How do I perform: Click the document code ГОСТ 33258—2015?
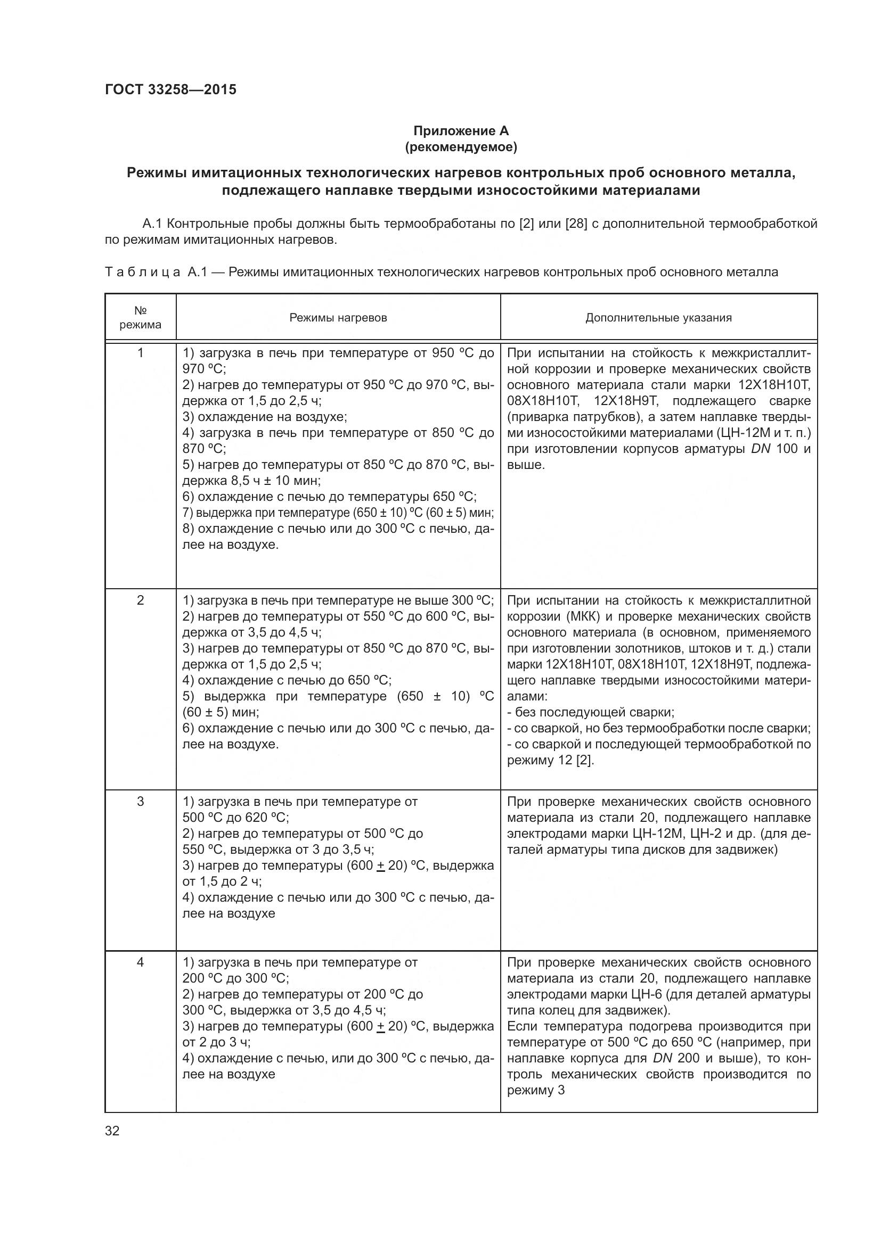pos(170,89)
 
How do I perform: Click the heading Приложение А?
pos(461,131)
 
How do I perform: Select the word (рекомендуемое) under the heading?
pos(461,147)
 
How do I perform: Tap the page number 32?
pos(112,1131)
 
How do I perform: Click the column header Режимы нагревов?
pos(338,318)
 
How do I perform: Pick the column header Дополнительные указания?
pos(658,318)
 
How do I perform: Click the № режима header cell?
pos(141,318)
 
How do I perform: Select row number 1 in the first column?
pos(141,353)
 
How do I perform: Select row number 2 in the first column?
pos(141,600)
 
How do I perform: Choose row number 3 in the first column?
pos(141,802)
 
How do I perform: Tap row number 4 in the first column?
pos(141,962)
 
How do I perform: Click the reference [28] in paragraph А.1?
pos(576,224)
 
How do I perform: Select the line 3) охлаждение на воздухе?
pos(265,417)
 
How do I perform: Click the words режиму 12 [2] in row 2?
pos(550,760)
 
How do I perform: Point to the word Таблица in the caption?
pos(143,272)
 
